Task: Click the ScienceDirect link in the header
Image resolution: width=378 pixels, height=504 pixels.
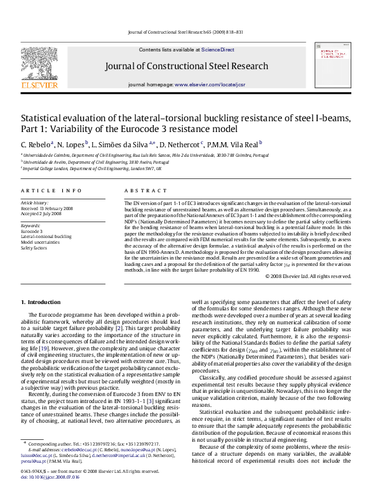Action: [x=218, y=50]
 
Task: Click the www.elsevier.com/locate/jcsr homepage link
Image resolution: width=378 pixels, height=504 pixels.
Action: [x=209, y=84]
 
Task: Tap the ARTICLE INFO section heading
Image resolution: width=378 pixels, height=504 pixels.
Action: [x=51, y=190]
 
